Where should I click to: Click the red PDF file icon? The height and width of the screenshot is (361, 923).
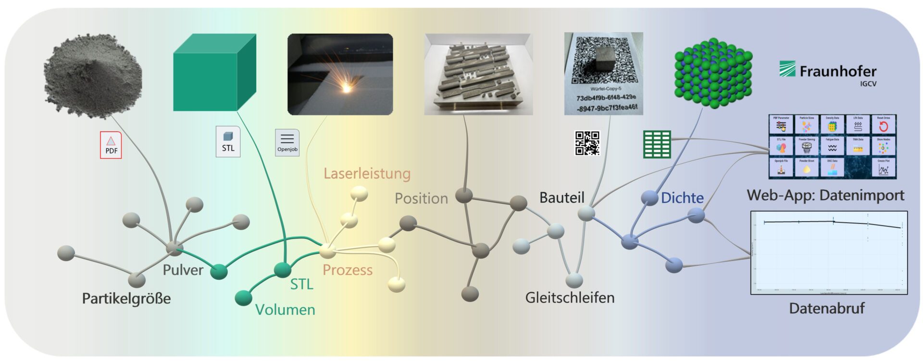tap(111, 145)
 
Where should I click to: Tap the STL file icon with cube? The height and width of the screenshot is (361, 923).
tap(228, 141)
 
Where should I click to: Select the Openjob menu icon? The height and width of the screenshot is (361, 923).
tap(287, 142)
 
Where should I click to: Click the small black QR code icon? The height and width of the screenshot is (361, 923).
tap(587, 143)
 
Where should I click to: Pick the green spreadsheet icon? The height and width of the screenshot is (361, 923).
tap(657, 144)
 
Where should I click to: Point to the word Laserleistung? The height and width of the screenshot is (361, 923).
tap(367, 174)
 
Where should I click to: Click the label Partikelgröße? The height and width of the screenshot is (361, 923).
tap(126, 299)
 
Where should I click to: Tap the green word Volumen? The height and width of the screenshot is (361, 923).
tap(285, 310)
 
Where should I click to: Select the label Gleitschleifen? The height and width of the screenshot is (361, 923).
tap(570, 298)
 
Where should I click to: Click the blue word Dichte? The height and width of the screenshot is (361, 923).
tap(682, 198)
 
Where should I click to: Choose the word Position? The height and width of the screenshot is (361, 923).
tap(421, 199)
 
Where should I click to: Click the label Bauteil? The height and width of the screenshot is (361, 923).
tap(561, 198)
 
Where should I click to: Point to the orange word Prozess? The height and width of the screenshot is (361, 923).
tap(348, 270)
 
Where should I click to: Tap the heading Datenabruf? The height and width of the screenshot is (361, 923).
tap(826, 308)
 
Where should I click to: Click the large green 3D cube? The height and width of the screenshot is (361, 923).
tap(214, 73)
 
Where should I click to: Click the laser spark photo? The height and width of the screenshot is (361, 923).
tap(340, 74)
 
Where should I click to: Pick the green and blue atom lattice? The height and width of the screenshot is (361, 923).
tap(713, 73)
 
